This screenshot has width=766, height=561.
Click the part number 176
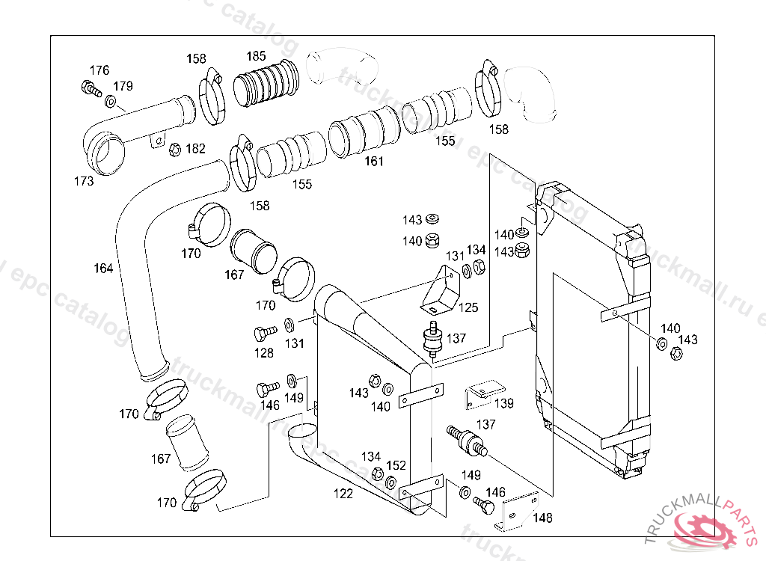click(x=99, y=70)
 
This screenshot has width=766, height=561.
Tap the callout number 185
click(x=256, y=56)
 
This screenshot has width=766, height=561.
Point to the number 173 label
click(x=84, y=181)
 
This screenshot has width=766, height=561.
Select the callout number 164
click(x=103, y=269)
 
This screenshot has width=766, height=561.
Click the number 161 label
click(x=374, y=161)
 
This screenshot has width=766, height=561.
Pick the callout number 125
click(x=468, y=307)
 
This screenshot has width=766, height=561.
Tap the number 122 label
click(x=343, y=494)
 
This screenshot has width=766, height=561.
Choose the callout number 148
click(x=543, y=517)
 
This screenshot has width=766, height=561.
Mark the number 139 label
click(x=504, y=404)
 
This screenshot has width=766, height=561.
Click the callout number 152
click(x=396, y=465)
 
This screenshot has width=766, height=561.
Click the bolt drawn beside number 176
click(x=89, y=89)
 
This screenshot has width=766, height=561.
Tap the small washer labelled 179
click(x=111, y=101)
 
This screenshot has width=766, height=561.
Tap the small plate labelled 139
click(x=482, y=392)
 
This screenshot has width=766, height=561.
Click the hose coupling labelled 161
click(x=364, y=133)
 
